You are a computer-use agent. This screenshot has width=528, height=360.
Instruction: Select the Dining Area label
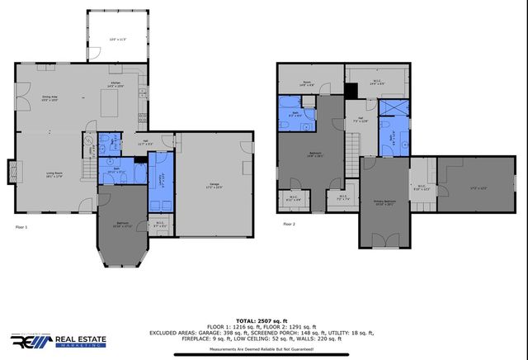pyautogui.click(x=49, y=97)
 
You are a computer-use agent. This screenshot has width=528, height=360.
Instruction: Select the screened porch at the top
pyautogui.click(x=118, y=38)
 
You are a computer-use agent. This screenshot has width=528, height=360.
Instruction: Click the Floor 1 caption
pyautogui.click(x=21, y=225)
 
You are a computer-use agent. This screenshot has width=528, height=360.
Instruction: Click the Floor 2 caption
pyautogui.click(x=289, y=224)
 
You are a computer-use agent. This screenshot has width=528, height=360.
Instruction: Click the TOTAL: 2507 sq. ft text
pyautogui.click(x=263, y=320)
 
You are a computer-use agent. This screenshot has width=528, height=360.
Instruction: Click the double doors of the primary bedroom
pyautogui.click(x=384, y=240)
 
